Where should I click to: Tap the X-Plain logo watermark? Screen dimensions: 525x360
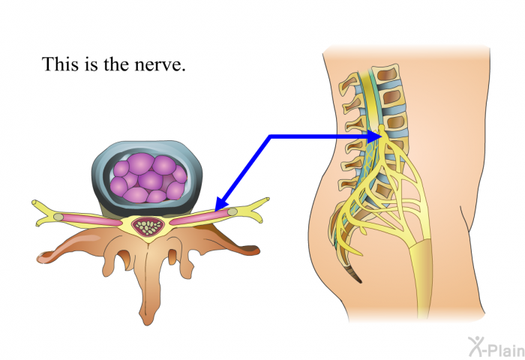(496, 347)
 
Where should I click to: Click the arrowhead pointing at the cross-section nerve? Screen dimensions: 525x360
(221, 204)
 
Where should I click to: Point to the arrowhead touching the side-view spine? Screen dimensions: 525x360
(373, 136)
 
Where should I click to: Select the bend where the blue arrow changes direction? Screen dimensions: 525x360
(270, 136)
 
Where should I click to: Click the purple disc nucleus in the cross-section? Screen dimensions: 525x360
(148, 178)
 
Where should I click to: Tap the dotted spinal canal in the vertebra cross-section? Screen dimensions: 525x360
(148, 226)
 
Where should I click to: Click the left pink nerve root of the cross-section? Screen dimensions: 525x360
(91, 219)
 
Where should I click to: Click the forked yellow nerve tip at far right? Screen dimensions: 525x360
(257, 210)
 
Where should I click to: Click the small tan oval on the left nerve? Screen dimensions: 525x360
(58, 217)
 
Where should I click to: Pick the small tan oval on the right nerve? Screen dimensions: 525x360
(232, 211)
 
